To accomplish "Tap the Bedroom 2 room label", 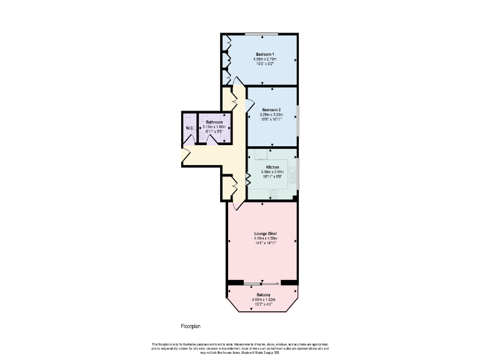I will point(271,109).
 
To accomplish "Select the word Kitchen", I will point(272,167).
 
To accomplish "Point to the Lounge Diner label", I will point(265,233).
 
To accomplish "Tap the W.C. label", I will point(189,128).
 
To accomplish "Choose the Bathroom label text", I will point(214,122).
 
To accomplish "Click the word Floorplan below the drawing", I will point(191,326).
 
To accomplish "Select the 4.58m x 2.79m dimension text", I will point(264,59).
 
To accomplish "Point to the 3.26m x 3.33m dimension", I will point(271,114).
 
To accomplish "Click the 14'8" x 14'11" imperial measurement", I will point(265,242).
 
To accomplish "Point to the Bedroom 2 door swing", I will point(236,100).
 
